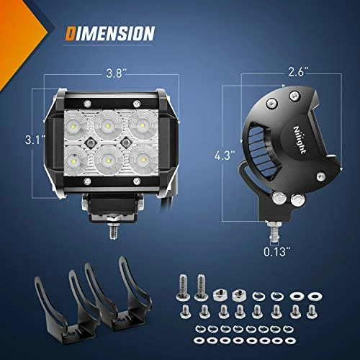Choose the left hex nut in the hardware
(221, 293)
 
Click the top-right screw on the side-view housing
(292, 94)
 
